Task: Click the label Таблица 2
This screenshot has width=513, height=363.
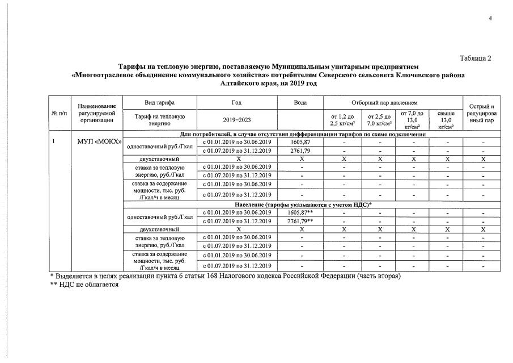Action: point(474,58)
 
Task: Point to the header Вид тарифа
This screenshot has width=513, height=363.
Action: point(160,102)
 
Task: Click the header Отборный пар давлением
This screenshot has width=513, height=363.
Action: point(392,102)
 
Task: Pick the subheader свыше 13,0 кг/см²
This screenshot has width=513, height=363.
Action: point(446,120)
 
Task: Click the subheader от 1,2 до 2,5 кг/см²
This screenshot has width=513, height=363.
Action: point(342,120)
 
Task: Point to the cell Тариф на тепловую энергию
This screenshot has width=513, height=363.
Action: point(160,120)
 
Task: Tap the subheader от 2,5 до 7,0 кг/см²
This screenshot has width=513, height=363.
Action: point(378,120)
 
